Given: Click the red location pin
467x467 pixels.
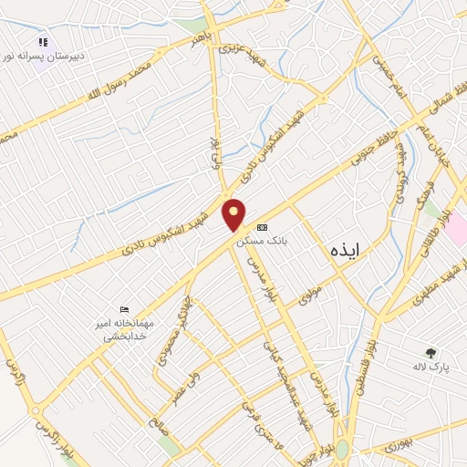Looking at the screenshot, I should (x=234, y=214).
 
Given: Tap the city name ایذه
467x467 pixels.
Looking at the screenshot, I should (x=340, y=249).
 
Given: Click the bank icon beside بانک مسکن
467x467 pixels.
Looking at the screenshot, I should (x=263, y=227).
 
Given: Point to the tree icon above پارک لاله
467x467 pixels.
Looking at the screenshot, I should (x=431, y=352).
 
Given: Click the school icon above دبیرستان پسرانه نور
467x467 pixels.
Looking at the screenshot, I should (x=42, y=42).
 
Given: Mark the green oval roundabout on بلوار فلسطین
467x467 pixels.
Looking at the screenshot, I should (x=341, y=450).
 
